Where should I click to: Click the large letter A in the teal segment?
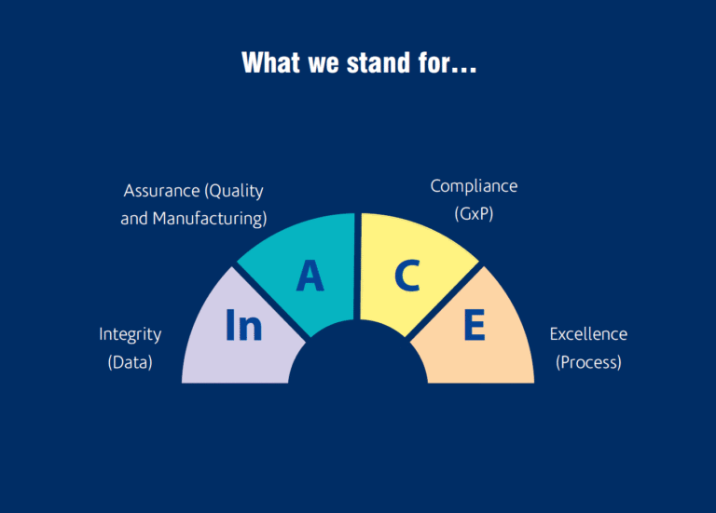click(310, 276)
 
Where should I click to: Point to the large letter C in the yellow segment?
click(406, 276)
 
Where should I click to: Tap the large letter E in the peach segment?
click(475, 327)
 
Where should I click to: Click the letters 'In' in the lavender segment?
click(244, 327)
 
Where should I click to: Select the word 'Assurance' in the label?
click(162, 191)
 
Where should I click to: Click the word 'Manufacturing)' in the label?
click(210, 220)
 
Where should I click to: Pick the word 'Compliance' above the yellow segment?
click(474, 186)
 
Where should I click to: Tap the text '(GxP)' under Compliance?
click(474, 213)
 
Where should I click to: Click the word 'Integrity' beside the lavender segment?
click(131, 334)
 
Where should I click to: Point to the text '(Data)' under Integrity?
click(131, 362)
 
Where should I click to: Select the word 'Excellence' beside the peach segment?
click(588, 334)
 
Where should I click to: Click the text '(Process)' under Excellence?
click(588, 362)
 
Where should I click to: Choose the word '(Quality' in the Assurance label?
click(234, 191)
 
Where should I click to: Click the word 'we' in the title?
click(315, 63)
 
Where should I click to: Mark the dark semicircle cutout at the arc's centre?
click(358, 358)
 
